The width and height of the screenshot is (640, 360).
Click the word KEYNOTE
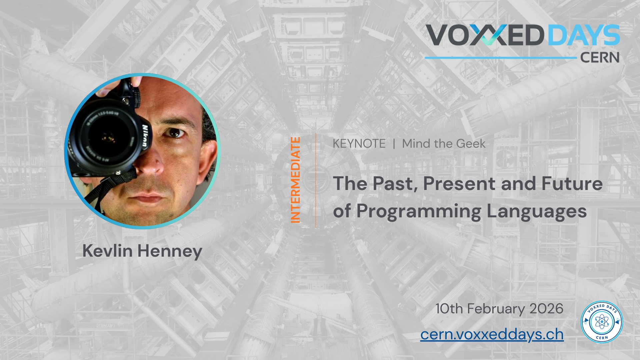click(x=359, y=144)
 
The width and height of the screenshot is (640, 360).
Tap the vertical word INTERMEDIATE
click(x=295, y=180)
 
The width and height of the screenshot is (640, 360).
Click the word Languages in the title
click(x=537, y=212)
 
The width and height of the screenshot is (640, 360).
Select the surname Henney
click(x=170, y=251)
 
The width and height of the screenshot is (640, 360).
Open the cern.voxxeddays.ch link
click(x=492, y=334)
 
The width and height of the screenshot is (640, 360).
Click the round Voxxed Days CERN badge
click(x=602, y=322)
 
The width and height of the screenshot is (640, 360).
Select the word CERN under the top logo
click(x=600, y=58)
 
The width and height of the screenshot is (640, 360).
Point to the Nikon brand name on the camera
click(x=145, y=136)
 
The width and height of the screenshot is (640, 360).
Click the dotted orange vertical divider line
click(x=316, y=180)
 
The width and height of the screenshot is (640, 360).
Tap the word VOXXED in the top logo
click(x=485, y=35)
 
